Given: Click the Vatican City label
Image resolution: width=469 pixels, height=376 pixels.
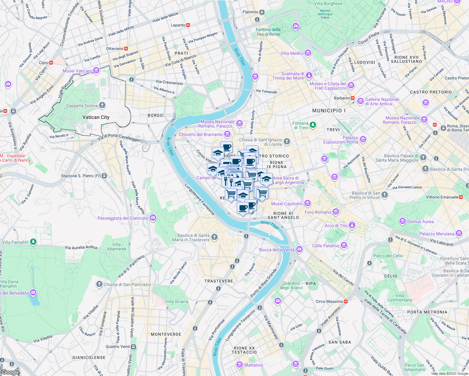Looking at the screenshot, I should (x=96, y=117).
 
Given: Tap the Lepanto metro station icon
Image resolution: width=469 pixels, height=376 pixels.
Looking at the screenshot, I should (x=188, y=25).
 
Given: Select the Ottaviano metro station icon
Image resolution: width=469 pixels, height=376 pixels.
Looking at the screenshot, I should (x=126, y=49).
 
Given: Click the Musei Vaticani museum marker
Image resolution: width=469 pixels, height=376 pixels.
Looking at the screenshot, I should (x=96, y=70).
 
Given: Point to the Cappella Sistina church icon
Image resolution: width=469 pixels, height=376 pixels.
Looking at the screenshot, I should (x=102, y=105).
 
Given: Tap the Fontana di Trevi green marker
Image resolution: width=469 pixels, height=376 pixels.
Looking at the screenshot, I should (x=313, y=125).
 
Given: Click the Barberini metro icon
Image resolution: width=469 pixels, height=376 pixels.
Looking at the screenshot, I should (x=353, y=98).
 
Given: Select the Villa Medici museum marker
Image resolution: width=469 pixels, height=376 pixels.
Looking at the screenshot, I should (x=308, y=53).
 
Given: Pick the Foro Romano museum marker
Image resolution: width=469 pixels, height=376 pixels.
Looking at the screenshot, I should (x=336, y=212).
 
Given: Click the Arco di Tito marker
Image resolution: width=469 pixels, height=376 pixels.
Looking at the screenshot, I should (x=352, y=225).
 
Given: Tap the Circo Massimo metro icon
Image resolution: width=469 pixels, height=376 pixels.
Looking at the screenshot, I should (x=346, y=301).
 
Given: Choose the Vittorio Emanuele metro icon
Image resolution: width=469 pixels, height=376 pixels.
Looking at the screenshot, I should (x=461, y=197).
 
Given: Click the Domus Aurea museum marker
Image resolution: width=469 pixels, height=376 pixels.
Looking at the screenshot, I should (x=403, y=222).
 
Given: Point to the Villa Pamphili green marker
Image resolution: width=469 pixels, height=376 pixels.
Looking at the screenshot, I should (x=33, y=242).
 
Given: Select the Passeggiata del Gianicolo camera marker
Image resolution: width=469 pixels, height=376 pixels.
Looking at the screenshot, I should (x=153, y=218).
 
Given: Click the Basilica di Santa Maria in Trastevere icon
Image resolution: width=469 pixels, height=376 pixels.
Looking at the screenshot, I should (x=214, y=237).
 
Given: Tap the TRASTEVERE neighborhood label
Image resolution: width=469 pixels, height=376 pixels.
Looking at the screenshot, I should (x=219, y=281).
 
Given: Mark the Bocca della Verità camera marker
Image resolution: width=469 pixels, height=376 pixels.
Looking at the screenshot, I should (x=299, y=249).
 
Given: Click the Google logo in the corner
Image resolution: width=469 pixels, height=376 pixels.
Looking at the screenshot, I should (x=11, y=372).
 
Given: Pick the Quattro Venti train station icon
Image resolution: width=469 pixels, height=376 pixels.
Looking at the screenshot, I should (x=133, y=347).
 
